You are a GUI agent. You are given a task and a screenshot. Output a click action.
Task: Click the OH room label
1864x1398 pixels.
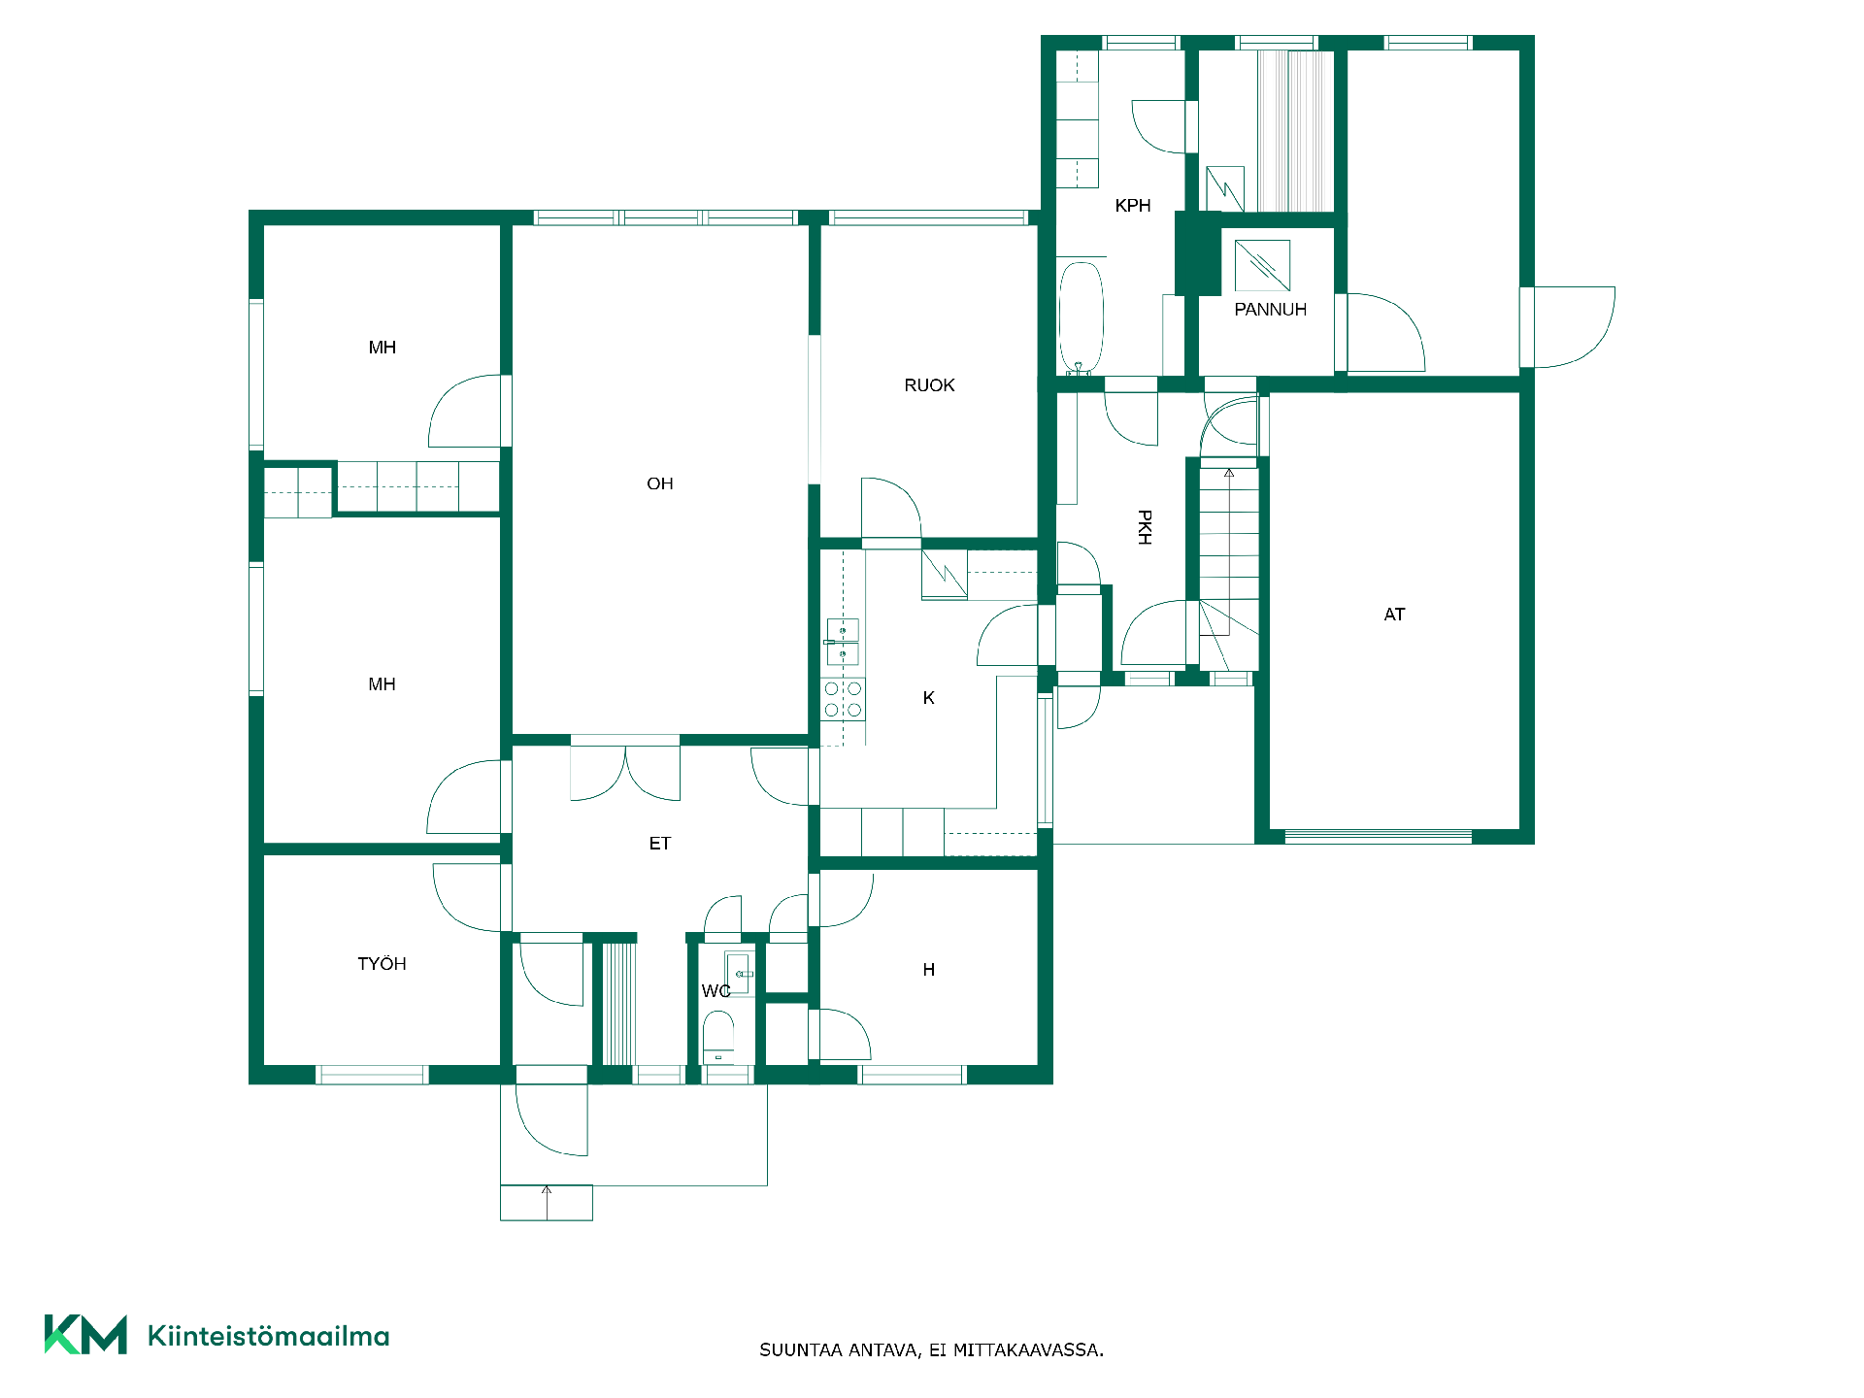tap(659, 483)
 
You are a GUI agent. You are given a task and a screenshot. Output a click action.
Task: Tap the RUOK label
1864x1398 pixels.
tap(929, 385)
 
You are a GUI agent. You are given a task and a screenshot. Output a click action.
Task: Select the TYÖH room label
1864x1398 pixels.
tap(382, 963)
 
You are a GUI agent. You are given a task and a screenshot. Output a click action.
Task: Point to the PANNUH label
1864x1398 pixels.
tap(1270, 310)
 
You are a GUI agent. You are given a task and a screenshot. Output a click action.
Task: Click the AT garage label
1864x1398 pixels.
tap(1394, 615)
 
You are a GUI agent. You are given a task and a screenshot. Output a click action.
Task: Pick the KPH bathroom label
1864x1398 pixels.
tap(1133, 206)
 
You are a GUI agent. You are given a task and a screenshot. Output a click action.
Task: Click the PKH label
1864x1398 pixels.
tap(1145, 527)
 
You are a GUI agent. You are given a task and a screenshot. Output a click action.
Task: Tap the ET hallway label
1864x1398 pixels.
tap(659, 844)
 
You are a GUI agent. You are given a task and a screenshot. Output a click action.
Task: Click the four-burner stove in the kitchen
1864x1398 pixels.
tap(843, 699)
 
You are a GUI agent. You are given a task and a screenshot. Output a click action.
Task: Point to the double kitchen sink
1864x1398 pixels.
tap(842, 642)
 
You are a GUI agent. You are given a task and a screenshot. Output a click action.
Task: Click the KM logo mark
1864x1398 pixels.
tap(85, 1334)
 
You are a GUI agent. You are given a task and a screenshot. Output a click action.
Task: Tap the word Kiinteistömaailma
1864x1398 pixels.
tap(268, 1336)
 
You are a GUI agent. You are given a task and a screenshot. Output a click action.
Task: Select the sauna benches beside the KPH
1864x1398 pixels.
tap(1295, 130)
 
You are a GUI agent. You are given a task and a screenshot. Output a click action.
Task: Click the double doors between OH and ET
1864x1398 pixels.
tap(625, 773)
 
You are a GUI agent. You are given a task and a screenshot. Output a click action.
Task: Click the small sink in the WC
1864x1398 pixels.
tap(739, 973)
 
